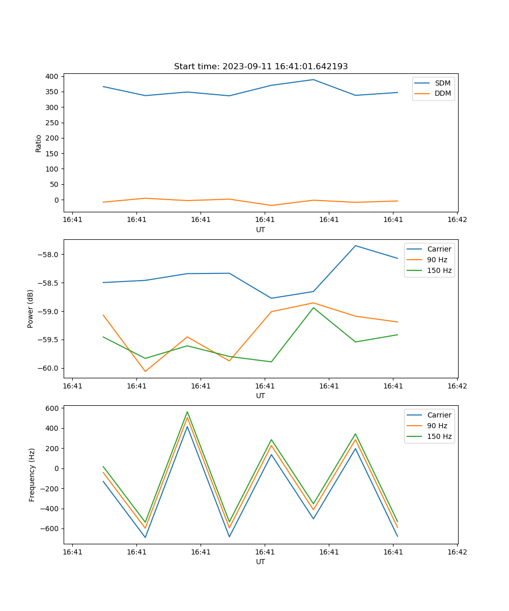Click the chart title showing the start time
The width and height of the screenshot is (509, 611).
coord(261,67)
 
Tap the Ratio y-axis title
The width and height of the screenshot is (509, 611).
coord(39,143)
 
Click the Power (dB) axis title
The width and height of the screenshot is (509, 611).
coord(31,309)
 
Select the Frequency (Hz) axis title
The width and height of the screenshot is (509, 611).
coord(32,475)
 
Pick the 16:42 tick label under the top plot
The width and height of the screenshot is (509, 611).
coord(457,220)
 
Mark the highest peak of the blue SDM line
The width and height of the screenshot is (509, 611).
coord(314,79)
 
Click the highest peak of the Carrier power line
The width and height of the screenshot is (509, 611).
coord(355,245)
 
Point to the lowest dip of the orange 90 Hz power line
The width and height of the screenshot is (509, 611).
coord(145,371)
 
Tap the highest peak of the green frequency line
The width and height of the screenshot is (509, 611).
coord(187,411)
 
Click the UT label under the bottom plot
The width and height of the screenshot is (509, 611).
coord(261,562)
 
